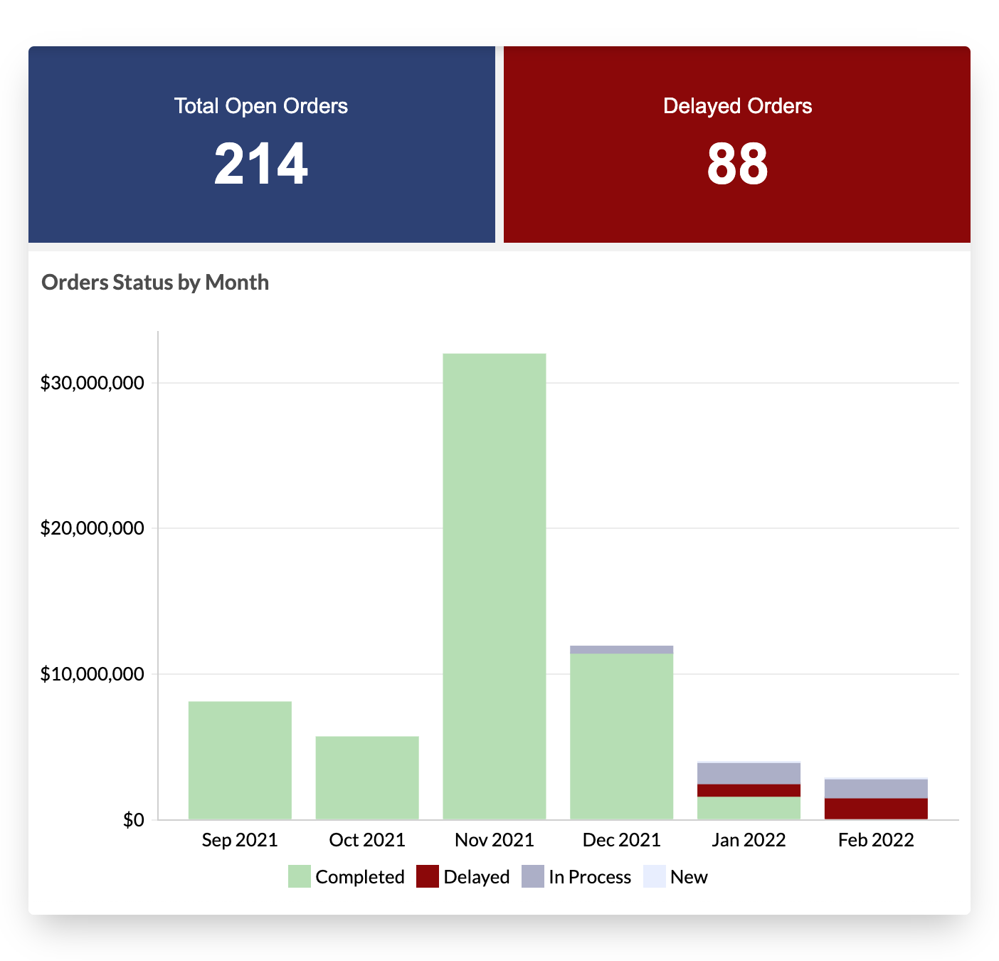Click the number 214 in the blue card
[260, 164]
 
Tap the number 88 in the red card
[737, 164]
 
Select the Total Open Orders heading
[260, 106]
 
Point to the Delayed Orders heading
[737, 106]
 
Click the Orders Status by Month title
[155, 283]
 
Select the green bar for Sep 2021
[240, 760]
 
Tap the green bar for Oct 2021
[367, 777]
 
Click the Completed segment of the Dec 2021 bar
[621, 736]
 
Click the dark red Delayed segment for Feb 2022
[876, 809]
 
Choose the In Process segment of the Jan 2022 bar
[749, 773]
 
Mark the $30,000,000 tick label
[92, 383]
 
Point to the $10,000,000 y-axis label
[92, 674]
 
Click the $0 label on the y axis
[133, 820]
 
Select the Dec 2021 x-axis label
[621, 840]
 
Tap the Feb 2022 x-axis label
[876, 840]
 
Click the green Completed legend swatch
[300, 876]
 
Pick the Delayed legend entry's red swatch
[427, 876]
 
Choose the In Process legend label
[589, 877]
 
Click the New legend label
[688, 877]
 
